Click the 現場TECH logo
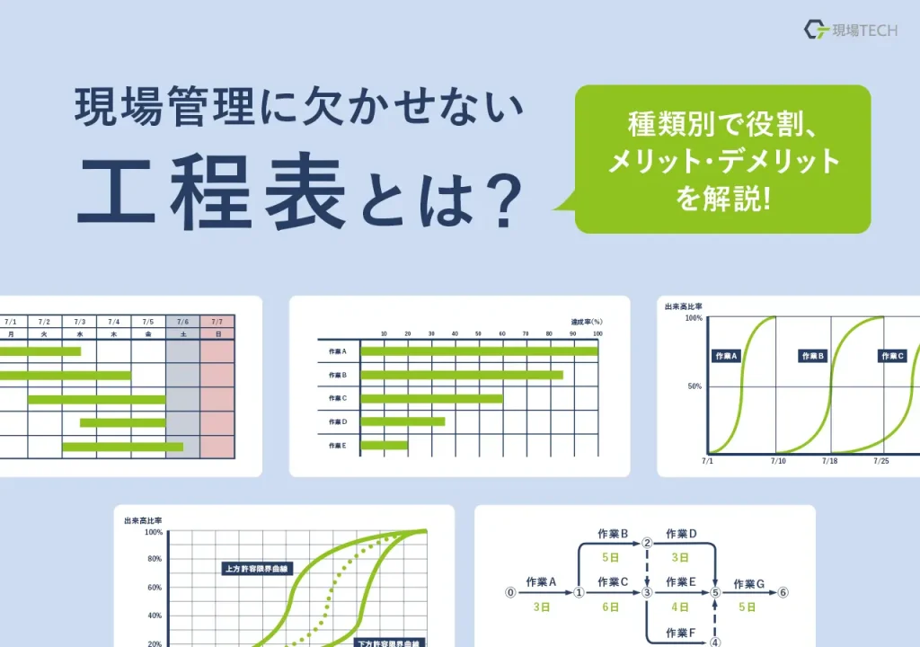click(x=849, y=30)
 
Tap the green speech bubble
click(x=722, y=159)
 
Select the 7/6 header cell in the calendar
click(x=182, y=322)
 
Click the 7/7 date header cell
click(x=217, y=322)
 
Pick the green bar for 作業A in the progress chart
click(x=479, y=350)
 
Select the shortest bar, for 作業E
click(x=384, y=445)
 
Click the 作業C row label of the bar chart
click(x=338, y=398)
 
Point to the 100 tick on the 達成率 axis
click(x=597, y=334)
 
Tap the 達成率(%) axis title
click(x=586, y=321)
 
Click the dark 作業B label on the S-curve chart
click(x=812, y=356)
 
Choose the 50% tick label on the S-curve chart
click(x=694, y=386)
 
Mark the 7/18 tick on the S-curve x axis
click(x=829, y=460)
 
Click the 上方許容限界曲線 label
click(x=258, y=568)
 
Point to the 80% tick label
click(x=154, y=559)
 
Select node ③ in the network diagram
click(x=647, y=593)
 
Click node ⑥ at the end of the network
click(x=783, y=593)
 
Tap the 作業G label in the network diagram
click(x=749, y=584)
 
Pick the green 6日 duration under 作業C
click(x=611, y=607)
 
